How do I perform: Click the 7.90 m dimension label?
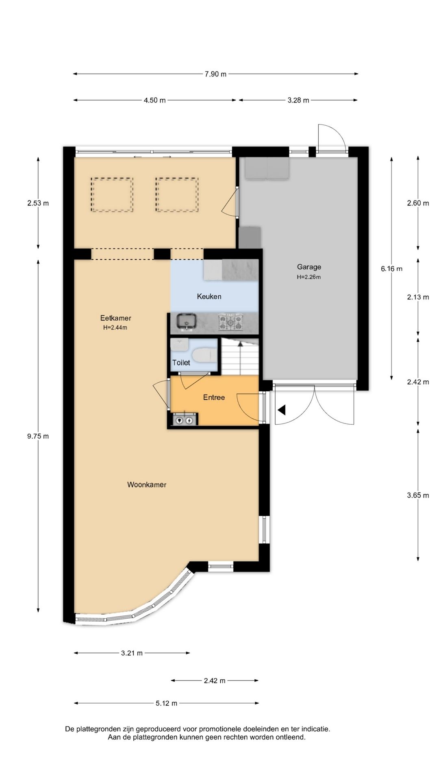click(x=215, y=74)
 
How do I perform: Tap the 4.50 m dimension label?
click(x=154, y=100)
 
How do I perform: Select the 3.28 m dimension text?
click(x=298, y=100)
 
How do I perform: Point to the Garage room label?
click(x=309, y=267)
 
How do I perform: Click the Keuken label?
click(x=209, y=297)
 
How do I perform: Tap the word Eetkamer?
click(x=116, y=318)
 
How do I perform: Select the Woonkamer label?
click(x=147, y=484)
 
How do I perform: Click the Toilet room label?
click(x=181, y=362)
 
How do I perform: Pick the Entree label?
click(x=214, y=397)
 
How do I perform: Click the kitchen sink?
click(x=187, y=321)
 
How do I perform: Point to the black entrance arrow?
click(x=281, y=410)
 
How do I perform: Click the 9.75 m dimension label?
click(x=38, y=436)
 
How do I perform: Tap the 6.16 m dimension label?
click(x=391, y=268)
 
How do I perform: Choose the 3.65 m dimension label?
click(x=418, y=495)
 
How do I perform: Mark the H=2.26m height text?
click(x=309, y=277)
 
